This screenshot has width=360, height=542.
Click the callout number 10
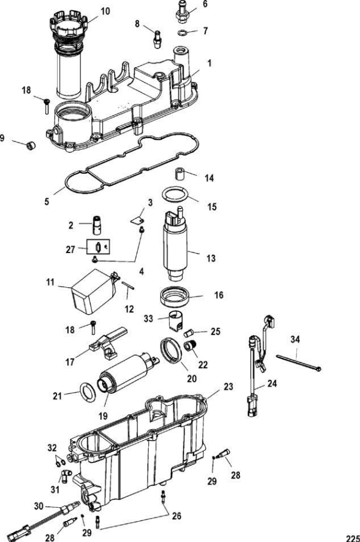click(x=105, y=11)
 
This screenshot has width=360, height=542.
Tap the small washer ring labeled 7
click(x=182, y=33)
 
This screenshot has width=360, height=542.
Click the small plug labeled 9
click(x=31, y=146)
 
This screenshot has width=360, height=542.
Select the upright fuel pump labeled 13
click(x=176, y=245)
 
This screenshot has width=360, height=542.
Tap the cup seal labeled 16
click(x=175, y=297)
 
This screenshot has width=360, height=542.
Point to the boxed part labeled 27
click(x=98, y=247)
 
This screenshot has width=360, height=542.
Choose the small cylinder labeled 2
click(x=97, y=225)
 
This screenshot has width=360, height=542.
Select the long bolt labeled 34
click(x=298, y=363)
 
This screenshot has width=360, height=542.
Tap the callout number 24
click(x=272, y=383)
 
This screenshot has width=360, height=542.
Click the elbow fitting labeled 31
click(x=65, y=475)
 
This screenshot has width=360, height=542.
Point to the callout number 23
click(x=228, y=387)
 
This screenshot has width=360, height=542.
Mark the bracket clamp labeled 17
click(x=108, y=343)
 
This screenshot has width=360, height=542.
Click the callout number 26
click(x=176, y=516)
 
